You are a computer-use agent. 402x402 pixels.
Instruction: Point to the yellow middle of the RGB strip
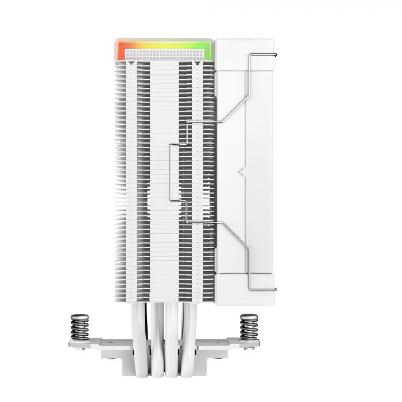(164, 44)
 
